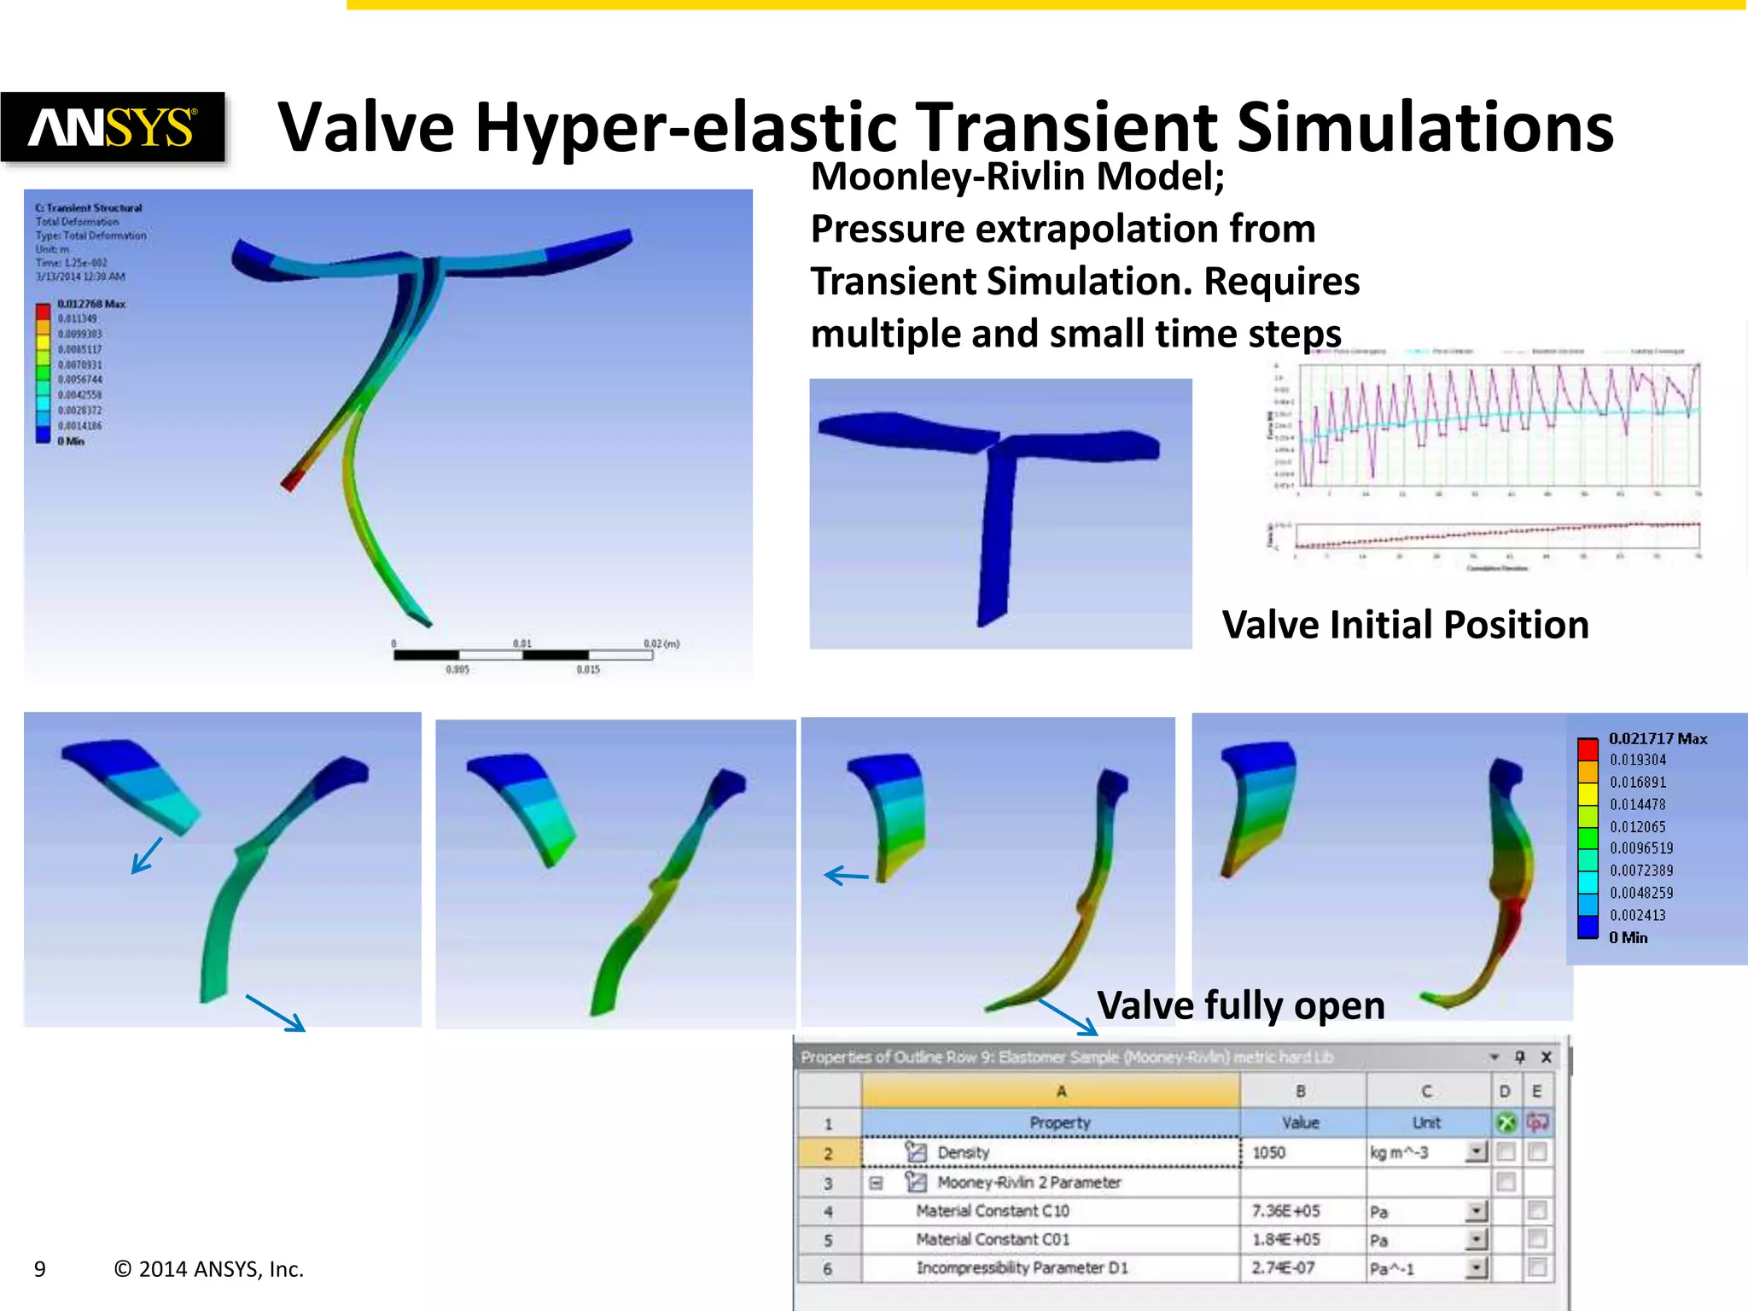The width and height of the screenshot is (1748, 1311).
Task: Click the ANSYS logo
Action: pos(113,127)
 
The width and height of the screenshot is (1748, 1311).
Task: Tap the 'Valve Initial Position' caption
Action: pos(1405,625)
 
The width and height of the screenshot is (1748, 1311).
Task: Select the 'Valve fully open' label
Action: pos(1240,1005)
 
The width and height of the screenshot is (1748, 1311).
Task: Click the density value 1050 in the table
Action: pos(1268,1152)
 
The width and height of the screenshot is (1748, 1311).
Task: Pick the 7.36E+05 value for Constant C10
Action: pos(1285,1211)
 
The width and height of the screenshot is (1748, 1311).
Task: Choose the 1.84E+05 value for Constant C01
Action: pos(1285,1239)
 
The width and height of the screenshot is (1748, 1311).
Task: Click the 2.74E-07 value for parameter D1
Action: pos(1283,1268)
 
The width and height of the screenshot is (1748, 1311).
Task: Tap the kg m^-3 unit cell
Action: pos(1399,1152)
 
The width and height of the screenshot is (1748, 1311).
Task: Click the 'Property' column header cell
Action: pos(1059,1122)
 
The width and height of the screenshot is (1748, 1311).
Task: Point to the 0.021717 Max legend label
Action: pos(1658,738)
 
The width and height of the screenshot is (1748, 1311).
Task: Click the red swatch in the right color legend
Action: pos(1588,749)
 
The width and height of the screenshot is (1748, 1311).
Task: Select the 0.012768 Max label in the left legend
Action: pos(91,304)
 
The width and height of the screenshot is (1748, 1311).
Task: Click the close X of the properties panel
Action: pos(1546,1057)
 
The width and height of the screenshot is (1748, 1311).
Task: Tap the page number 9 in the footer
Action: pos(40,1269)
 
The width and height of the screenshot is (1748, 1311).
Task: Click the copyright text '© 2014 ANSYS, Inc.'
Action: pos(209,1269)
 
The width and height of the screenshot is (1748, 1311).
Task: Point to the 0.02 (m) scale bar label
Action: pos(661,644)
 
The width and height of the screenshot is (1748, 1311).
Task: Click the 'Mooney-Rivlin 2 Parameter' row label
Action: pos(1028,1182)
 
